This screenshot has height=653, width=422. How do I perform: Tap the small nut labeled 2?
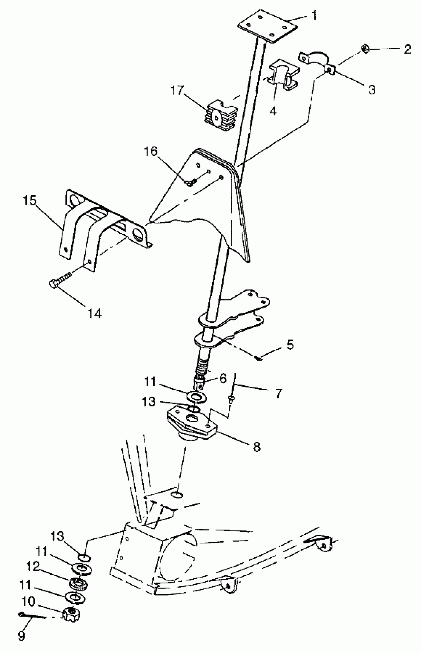pos(365,49)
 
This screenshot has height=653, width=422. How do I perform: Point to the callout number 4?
pos(273,111)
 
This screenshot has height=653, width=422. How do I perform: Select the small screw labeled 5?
pos(258,357)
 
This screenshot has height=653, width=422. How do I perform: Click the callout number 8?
pos(257,447)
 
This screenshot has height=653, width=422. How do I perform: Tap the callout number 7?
pos(279,393)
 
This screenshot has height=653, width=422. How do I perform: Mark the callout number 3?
pos(372,90)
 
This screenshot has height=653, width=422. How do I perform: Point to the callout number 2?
pos(407,49)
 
